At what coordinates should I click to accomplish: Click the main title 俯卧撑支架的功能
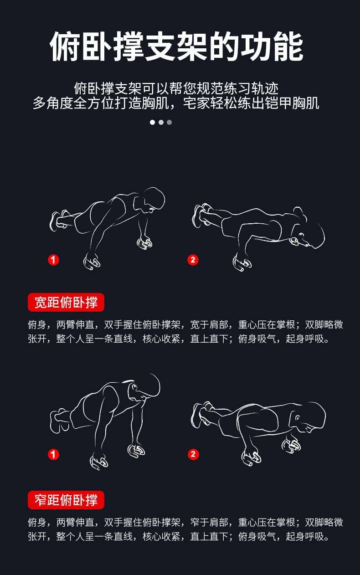click(x=176, y=46)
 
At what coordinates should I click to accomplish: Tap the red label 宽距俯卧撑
click(x=66, y=302)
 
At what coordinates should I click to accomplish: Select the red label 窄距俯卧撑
click(x=66, y=500)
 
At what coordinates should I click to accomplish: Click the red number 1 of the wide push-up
click(x=53, y=260)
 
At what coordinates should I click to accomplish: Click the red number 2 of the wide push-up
click(x=193, y=260)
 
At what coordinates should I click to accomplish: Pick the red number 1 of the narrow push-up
click(x=53, y=454)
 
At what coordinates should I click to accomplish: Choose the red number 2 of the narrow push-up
click(x=193, y=454)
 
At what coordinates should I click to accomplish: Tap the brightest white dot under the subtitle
click(x=152, y=122)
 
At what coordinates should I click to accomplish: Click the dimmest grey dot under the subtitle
click(x=169, y=122)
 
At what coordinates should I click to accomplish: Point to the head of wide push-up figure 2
click(x=312, y=235)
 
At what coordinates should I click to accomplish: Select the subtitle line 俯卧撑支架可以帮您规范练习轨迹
click(x=176, y=88)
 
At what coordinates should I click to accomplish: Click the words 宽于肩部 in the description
click(x=209, y=325)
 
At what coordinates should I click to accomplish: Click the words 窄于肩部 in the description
click(x=209, y=522)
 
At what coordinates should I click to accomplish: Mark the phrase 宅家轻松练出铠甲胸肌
click(x=251, y=103)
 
